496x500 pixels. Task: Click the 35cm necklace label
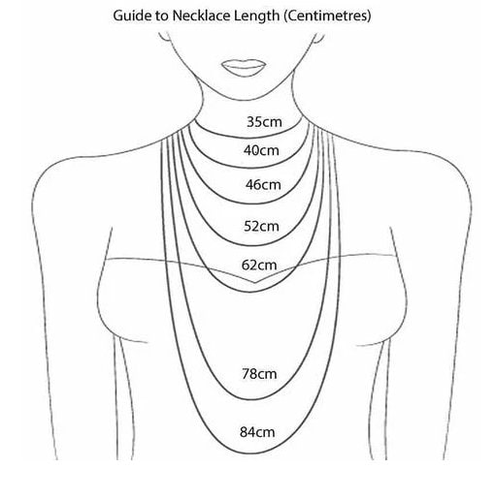pos(264,122)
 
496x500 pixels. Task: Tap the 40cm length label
pos(261,150)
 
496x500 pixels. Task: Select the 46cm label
pos(263,184)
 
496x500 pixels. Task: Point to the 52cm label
pos(261,226)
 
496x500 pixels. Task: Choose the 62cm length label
pos(259,265)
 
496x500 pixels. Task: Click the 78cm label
pos(259,374)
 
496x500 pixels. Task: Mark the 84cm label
pos(257,432)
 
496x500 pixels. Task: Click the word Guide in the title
pos(132,16)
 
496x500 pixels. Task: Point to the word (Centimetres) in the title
pos(327,16)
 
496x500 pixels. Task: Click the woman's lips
pos(244,68)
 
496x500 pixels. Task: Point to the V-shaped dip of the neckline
pos(254,283)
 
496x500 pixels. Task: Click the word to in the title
pos(161,16)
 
